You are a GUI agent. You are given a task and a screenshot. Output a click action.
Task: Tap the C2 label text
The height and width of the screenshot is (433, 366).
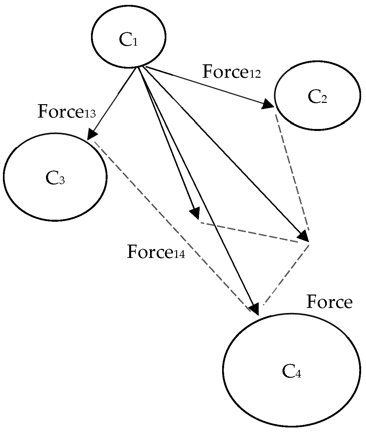pyautogui.click(x=317, y=97)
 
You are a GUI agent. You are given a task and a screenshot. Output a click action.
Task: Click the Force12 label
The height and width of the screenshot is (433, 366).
pyautogui.click(x=231, y=72)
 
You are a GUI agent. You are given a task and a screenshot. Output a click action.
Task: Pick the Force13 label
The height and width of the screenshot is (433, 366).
pyautogui.click(x=67, y=112)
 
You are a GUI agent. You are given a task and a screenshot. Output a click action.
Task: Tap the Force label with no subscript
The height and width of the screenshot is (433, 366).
pyautogui.click(x=329, y=302)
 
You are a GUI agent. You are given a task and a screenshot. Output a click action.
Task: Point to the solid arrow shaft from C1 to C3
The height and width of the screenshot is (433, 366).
pyautogui.click(x=114, y=101)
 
